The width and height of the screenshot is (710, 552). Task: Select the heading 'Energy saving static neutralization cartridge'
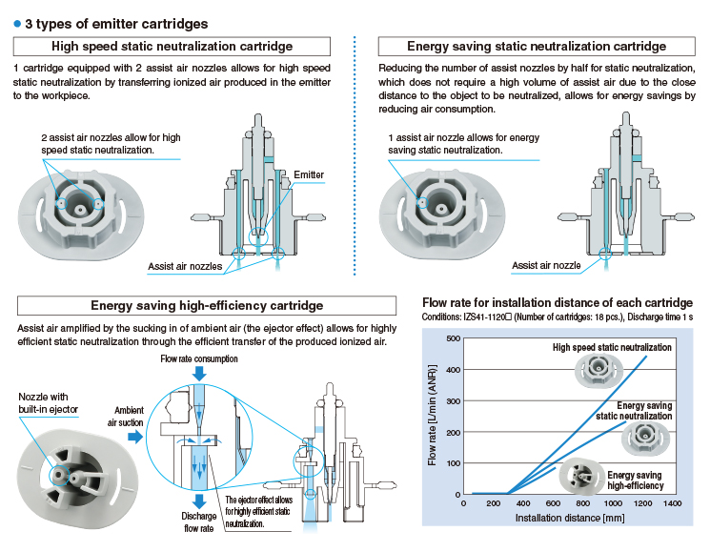pyautogui.click(x=537, y=46)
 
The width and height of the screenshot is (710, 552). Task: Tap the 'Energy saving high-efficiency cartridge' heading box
pyautogui.click(x=207, y=306)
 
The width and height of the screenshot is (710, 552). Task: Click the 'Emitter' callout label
pyautogui.click(x=309, y=175)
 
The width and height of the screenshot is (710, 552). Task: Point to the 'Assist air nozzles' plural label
pyautogui.click(x=185, y=266)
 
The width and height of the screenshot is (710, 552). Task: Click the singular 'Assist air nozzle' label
pyautogui.click(x=546, y=266)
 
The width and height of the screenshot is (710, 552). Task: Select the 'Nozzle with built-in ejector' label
pyautogui.click(x=44, y=402)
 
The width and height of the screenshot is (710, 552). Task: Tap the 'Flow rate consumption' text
pyautogui.click(x=199, y=359)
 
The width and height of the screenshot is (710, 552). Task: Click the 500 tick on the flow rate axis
pyautogui.click(x=448, y=337)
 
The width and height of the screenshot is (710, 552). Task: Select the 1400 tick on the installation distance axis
pyautogui.click(x=671, y=502)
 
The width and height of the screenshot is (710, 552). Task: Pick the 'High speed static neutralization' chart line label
pyautogui.click(x=612, y=347)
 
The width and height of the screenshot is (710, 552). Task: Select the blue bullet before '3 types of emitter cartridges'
pyautogui.click(x=17, y=23)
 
